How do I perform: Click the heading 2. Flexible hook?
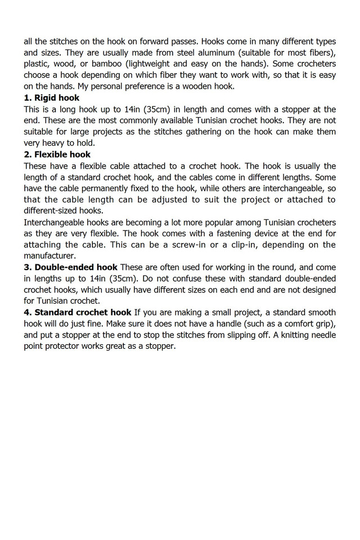57,154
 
